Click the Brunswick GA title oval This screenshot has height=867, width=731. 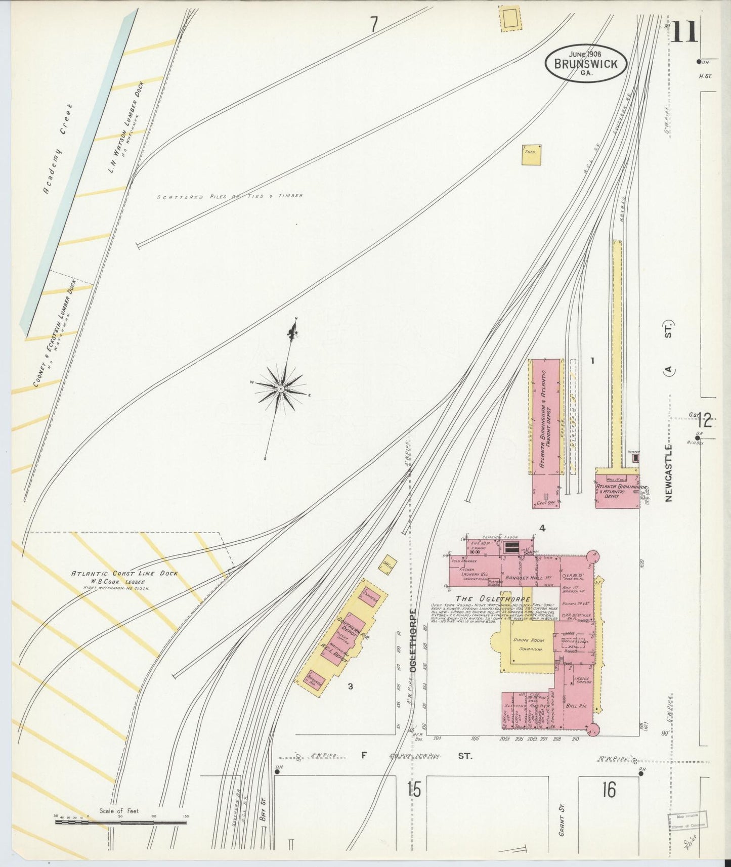pyautogui.click(x=586, y=63)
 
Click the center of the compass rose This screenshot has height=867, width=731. pyautogui.click(x=280, y=388)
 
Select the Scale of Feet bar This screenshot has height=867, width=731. pyautogui.click(x=120, y=822)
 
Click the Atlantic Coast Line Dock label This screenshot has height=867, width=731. pyautogui.click(x=124, y=574)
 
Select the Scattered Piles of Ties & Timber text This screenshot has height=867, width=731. pyautogui.click(x=230, y=196)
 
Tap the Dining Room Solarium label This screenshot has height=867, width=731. pyautogui.click(x=528, y=644)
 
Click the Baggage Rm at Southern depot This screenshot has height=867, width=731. pyautogui.click(x=313, y=681)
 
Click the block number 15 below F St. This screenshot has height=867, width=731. pyautogui.click(x=413, y=790)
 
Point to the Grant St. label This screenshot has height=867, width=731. pyautogui.click(x=562, y=821)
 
